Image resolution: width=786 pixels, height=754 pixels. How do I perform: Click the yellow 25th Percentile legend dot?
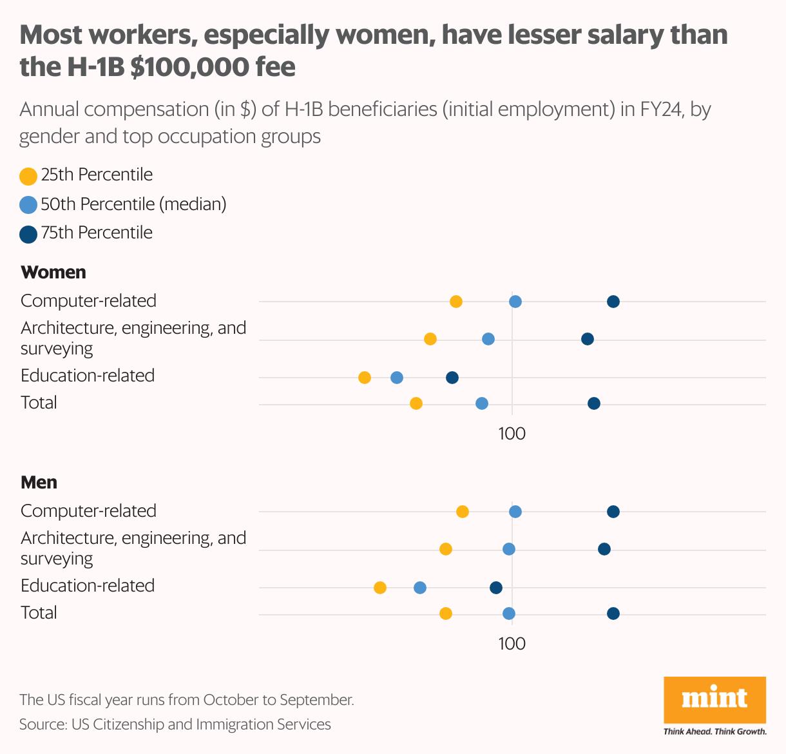point(28,176)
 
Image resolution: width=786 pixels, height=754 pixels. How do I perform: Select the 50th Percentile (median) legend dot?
point(28,205)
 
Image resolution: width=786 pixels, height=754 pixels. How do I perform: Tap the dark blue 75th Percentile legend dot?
point(28,234)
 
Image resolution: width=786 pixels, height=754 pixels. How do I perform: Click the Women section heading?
point(53,272)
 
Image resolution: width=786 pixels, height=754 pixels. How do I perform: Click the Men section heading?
point(39,482)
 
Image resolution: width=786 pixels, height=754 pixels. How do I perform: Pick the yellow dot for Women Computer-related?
point(456,302)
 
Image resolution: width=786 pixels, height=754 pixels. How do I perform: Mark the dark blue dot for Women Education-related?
point(452,378)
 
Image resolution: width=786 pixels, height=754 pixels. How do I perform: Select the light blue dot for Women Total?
point(482,403)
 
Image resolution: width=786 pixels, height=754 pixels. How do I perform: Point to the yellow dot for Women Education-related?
point(365,378)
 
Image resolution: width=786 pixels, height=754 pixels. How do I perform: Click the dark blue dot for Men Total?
point(613,614)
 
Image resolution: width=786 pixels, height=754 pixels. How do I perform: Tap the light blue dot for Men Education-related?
point(420,588)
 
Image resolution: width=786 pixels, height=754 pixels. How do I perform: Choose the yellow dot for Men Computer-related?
point(463,512)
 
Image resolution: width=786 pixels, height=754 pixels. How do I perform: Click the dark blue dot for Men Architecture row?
point(604,549)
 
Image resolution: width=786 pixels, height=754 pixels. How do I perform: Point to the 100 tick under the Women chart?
point(512,434)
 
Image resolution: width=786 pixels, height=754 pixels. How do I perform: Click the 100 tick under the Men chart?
point(512,644)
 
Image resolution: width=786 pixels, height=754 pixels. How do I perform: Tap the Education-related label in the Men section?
point(88,585)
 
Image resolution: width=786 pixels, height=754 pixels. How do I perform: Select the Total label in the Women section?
point(39,403)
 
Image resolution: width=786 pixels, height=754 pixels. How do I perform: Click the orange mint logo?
point(714,699)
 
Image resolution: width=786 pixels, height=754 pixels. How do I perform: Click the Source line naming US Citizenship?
point(175,724)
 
